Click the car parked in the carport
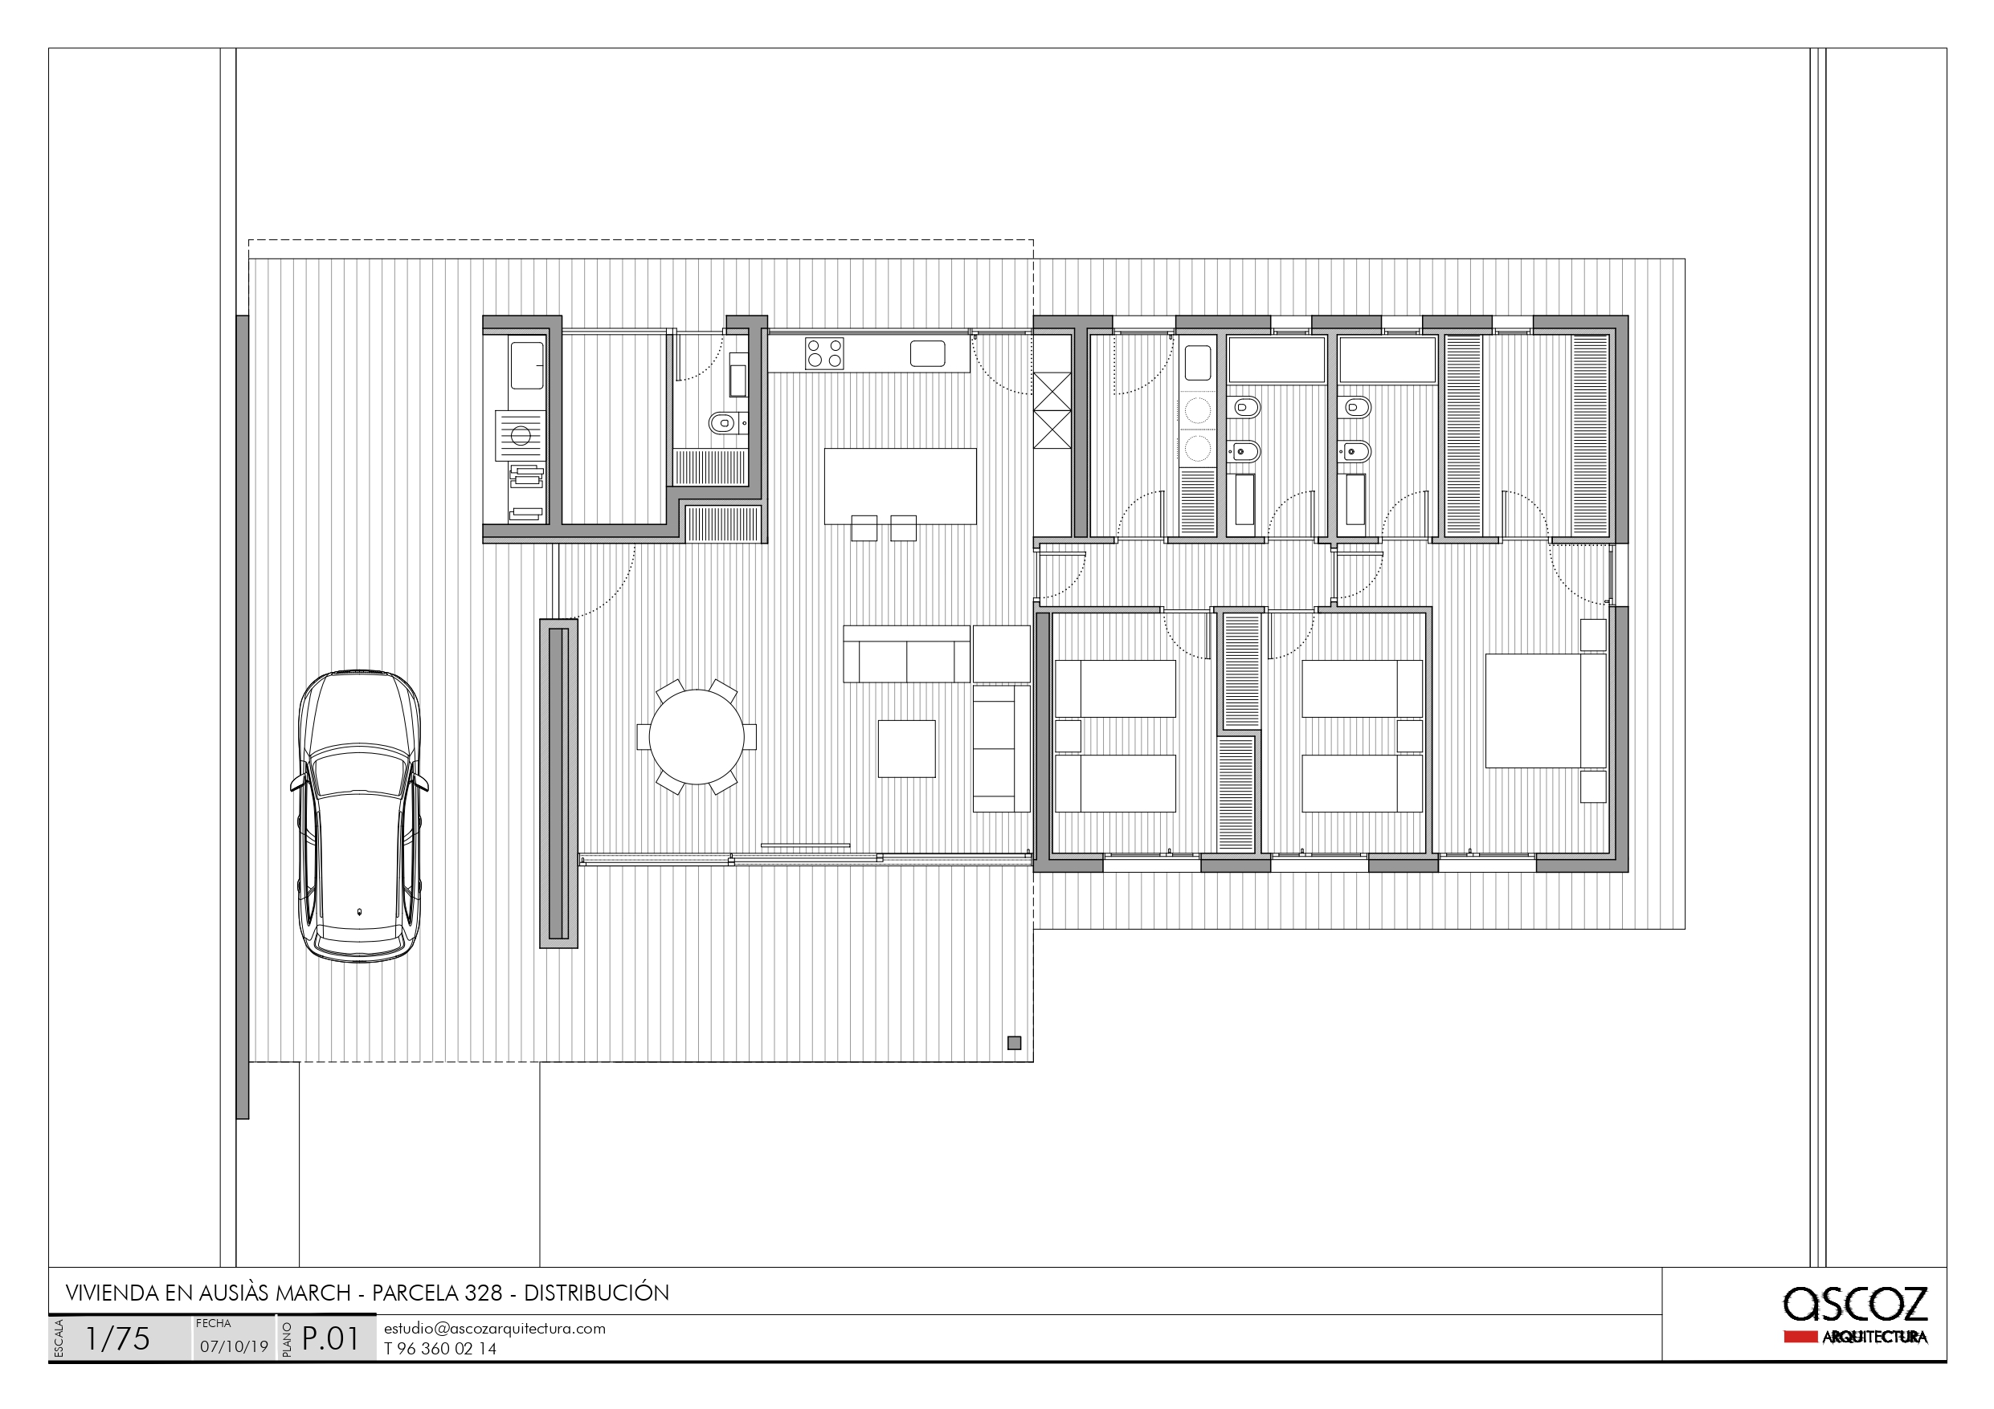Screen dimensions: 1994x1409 360,816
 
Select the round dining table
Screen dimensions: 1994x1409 697,737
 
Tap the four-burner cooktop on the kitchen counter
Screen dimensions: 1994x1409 824,353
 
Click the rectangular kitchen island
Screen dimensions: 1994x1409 900,487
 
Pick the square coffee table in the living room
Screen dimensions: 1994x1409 907,748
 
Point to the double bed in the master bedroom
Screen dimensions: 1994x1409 1545,711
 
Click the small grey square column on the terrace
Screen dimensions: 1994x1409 1014,1043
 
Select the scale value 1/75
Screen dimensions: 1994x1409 117,1338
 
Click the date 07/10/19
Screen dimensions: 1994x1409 234,1346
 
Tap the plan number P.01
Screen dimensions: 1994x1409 331,1338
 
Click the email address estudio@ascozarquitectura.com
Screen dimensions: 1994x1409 495,1328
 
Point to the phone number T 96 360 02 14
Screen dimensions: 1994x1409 440,1348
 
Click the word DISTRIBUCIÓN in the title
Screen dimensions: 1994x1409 597,1293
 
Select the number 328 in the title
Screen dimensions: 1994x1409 483,1293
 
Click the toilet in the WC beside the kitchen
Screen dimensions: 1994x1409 722,423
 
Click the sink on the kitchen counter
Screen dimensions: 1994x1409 928,353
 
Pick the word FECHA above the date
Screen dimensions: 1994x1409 214,1323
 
